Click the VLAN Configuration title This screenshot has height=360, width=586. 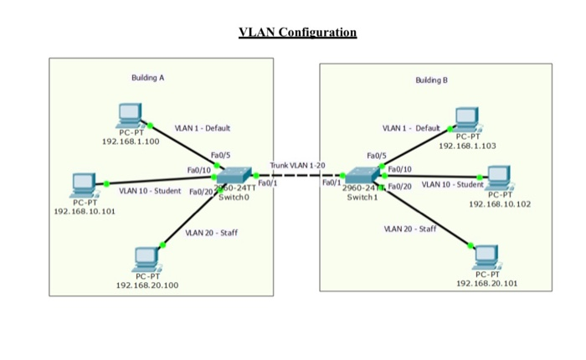pos(297,33)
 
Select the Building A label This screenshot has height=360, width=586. pos(147,77)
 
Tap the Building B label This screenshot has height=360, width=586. pos(431,80)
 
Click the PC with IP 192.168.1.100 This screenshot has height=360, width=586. pos(131,115)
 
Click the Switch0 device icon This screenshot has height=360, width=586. pos(234,177)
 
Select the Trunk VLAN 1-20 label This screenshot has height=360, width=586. pos(296,167)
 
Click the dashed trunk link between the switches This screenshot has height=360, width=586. pos(297,177)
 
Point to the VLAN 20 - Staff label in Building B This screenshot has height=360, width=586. pos(409,229)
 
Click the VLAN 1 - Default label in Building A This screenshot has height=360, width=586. pos(202,128)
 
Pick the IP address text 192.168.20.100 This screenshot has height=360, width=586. pos(147,285)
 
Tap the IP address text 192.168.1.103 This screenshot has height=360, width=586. pos(467,146)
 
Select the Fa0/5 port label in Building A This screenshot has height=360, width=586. pos(222,155)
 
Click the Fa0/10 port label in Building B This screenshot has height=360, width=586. pos(400,168)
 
